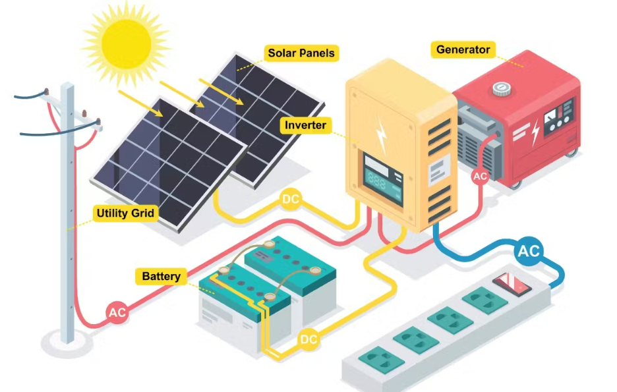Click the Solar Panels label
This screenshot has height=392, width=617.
click(x=301, y=53)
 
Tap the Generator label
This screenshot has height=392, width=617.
click(x=463, y=49)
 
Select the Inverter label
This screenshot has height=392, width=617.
click(x=305, y=125)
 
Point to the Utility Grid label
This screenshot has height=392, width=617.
click(x=125, y=213)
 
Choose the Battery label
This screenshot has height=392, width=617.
click(x=161, y=277)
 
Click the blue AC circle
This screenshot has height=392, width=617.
click(x=529, y=251)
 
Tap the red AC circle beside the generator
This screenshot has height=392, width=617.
click(x=480, y=176)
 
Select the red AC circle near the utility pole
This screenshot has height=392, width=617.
click(x=117, y=312)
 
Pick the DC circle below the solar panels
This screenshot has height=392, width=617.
click(x=291, y=200)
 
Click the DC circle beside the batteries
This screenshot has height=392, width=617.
click(x=308, y=339)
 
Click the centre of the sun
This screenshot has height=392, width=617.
click(x=126, y=44)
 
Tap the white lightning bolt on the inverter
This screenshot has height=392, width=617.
click(x=381, y=136)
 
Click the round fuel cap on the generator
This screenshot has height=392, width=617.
click(x=501, y=89)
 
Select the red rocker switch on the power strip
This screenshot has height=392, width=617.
click(x=512, y=284)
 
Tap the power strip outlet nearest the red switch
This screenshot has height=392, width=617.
click(x=485, y=300)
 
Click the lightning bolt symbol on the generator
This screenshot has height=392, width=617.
click(x=535, y=132)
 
